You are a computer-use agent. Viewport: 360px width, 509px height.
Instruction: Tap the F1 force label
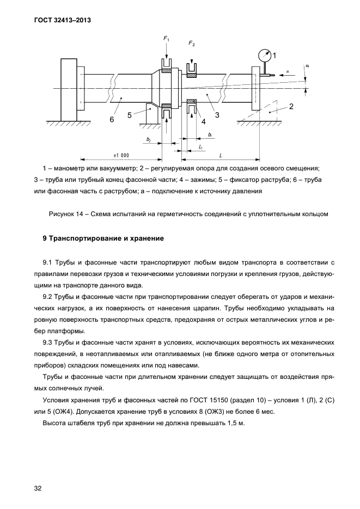coord(167,39)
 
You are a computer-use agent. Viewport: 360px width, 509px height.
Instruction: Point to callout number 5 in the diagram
coord(130,115)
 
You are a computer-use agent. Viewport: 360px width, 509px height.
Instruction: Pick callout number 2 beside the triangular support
coord(291,107)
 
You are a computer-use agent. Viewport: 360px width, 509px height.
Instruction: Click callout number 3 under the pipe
coord(217,115)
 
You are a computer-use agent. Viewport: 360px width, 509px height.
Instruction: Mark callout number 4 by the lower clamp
coord(203,121)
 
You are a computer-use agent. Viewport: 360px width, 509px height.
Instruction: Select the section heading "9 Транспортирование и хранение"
coord(100,238)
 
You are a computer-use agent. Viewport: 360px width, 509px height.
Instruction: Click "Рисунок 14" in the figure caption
coord(69,213)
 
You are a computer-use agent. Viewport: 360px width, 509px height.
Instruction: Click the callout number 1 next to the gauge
coord(274,55)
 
